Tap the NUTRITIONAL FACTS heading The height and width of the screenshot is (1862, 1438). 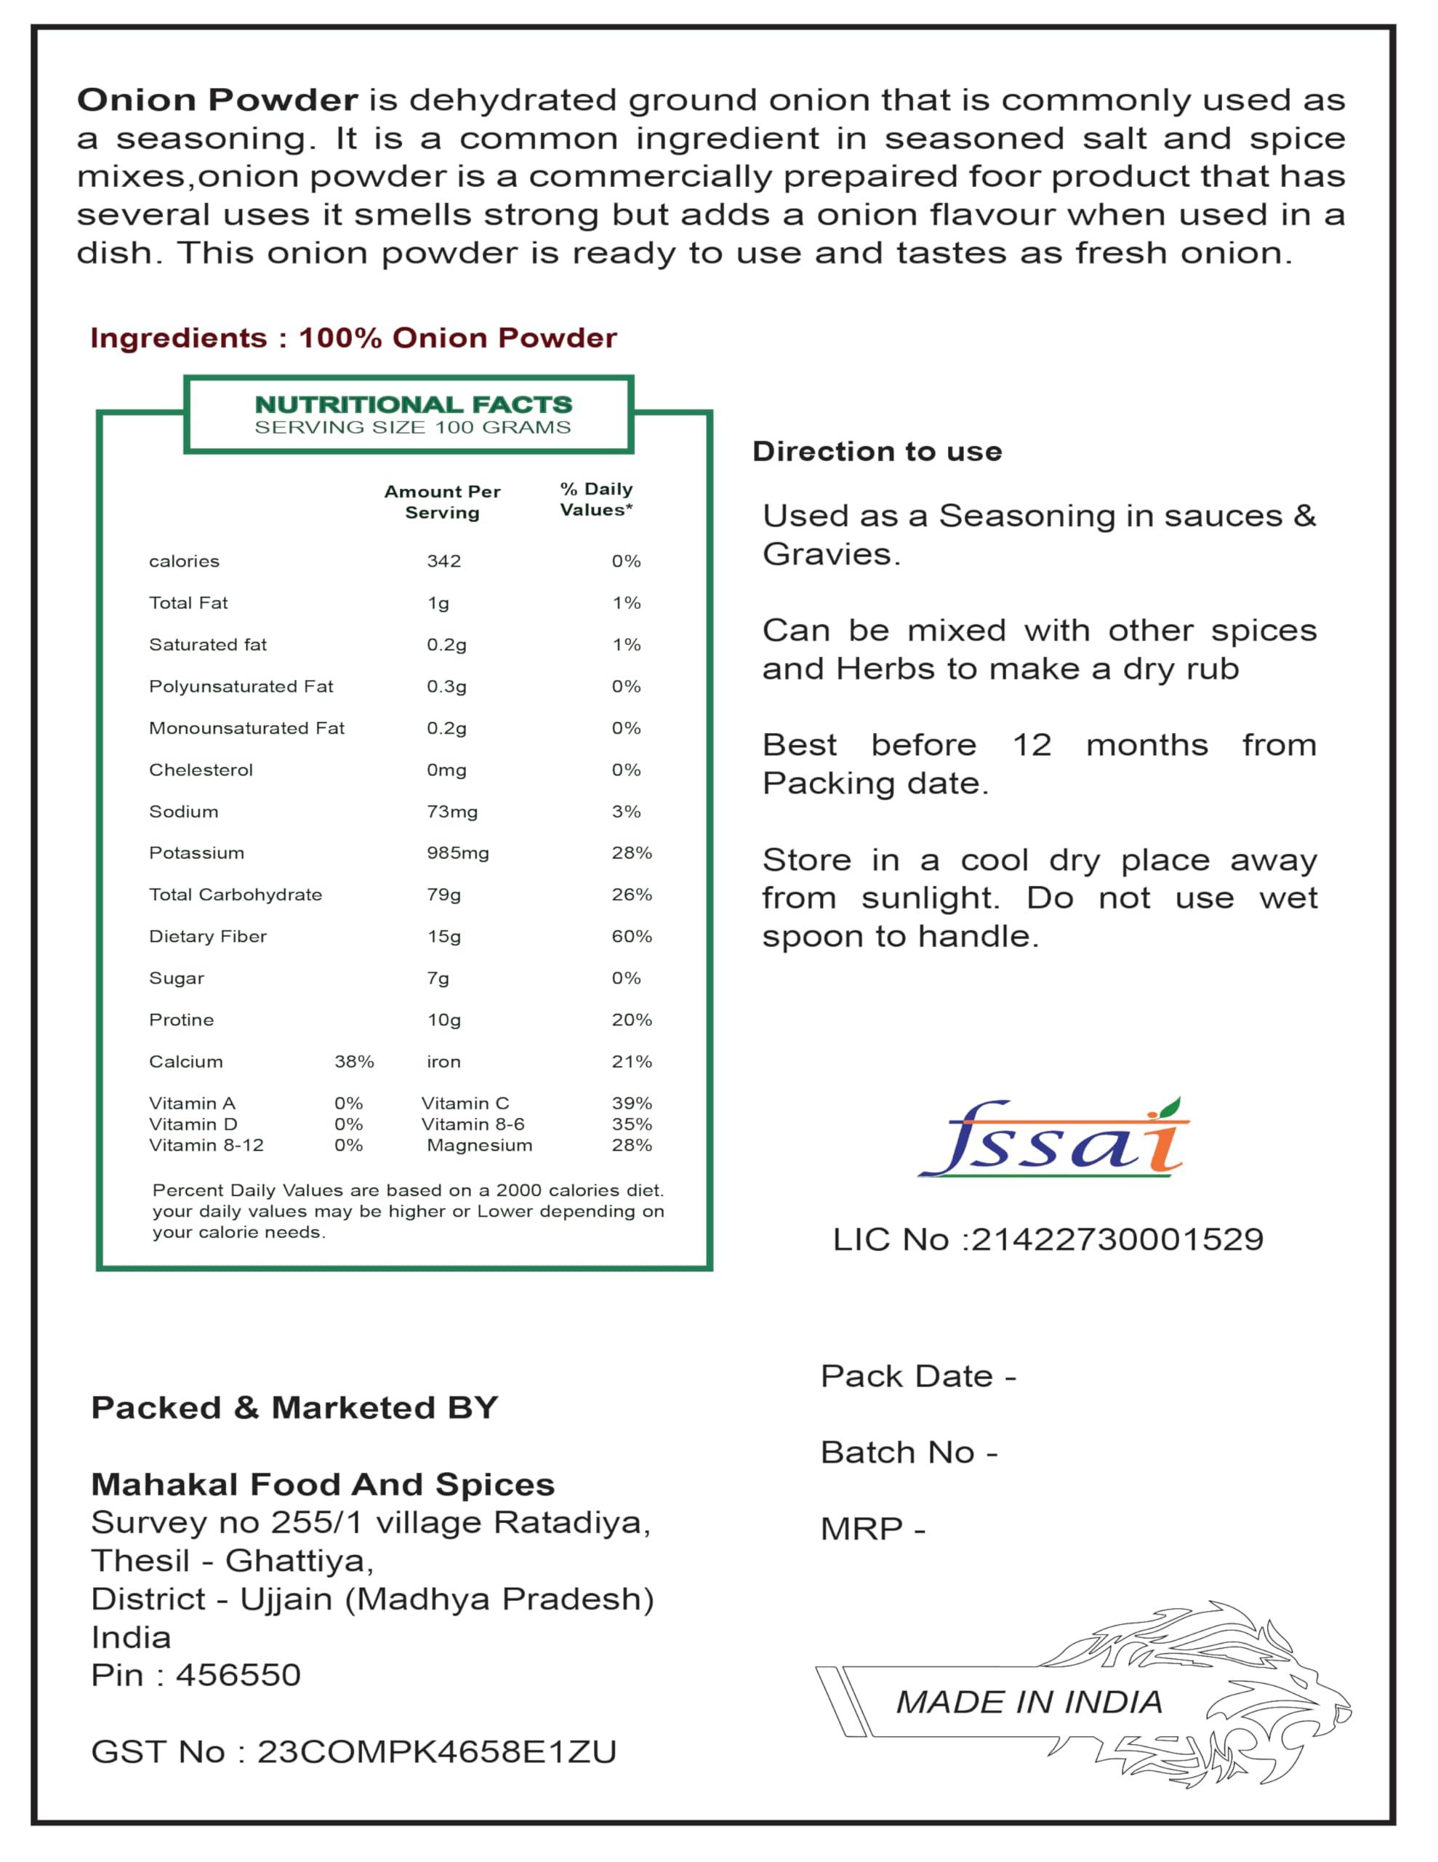click(x=414, y=404)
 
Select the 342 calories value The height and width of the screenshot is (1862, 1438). click(x=443, y=561)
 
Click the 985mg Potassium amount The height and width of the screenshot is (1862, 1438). click(x=458, y=852)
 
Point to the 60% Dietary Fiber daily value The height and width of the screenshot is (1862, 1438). click(x=631, y=936)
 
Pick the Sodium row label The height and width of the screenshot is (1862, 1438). click(x=183, y=811)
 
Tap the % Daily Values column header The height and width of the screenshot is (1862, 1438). click(x=596, y=499)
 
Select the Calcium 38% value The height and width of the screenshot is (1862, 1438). click(x=354, y=1061)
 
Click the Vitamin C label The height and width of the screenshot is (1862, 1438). click(x=465, y=1103)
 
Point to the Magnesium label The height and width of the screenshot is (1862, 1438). click(x=479, y=1145)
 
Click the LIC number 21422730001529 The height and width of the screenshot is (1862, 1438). click(x=1117, y=1239)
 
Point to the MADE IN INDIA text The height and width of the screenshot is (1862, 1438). click(x=1029, y=1702)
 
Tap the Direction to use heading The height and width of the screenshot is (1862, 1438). click(x=876, y=451)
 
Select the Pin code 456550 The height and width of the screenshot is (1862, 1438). click(x=238, y=1674)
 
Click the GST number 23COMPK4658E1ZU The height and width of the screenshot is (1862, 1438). click(x=436, y=1751)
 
